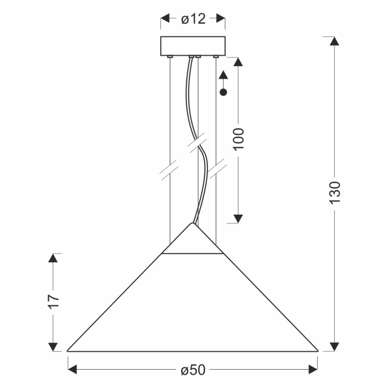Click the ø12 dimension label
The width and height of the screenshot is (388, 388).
(193, 19)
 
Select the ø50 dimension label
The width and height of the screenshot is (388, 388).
(193, 370)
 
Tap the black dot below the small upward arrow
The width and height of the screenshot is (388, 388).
(224, 93)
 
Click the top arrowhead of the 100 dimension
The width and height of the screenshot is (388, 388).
(238, 63)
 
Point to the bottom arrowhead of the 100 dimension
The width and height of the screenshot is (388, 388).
(238, 218)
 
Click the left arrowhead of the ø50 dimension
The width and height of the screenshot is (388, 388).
(72, 369)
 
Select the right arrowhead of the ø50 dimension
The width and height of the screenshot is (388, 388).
(313, 369)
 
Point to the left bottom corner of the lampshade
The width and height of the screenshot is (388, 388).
(68, 350)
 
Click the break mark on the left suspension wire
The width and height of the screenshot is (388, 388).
(170, 170)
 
